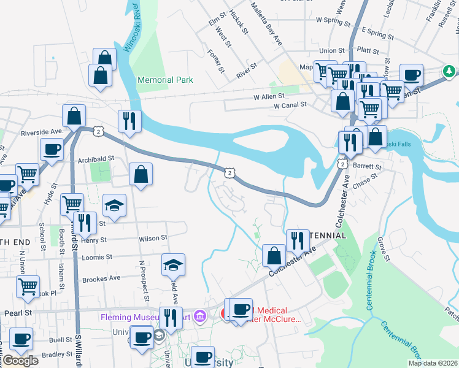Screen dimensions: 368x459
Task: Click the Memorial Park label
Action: (x=165, y=80)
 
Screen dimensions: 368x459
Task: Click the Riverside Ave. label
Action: (x=42, y=132)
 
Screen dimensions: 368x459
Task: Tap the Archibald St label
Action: (x=96, y=158)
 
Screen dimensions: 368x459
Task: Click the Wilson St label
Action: (x=153, y=237)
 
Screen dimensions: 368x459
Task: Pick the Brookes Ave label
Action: (x=101, y=278)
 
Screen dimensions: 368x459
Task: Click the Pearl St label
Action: (x=20, y=313)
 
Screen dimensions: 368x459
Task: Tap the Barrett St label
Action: (x=368, y=166)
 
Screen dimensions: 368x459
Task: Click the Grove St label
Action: (x=384, y=248)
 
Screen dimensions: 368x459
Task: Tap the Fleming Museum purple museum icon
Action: (x=199, y=316)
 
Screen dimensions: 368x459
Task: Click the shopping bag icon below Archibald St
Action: (x=141, y=175)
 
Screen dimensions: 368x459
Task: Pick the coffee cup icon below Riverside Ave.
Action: (x=52, y=149)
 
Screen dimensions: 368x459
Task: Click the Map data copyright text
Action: (x=433, y=363)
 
